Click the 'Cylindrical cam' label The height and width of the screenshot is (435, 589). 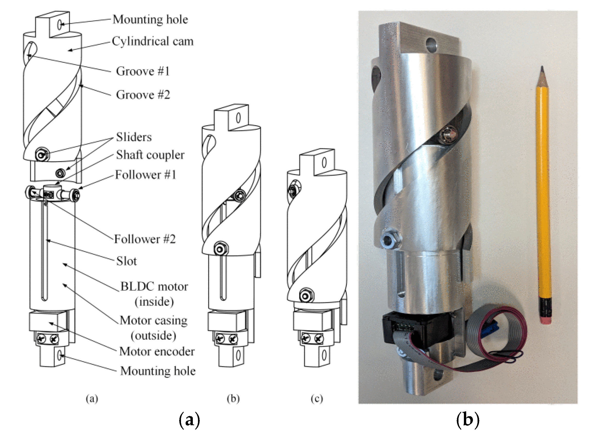153,41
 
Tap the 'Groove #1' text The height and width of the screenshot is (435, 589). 143,71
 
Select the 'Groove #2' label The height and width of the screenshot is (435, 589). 143,95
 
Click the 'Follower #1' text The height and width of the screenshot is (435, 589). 146,175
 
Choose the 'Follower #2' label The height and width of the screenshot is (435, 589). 145,239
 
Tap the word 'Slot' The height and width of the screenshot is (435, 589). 126,261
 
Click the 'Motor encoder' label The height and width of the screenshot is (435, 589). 157,352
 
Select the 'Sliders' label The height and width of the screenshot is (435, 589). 134,137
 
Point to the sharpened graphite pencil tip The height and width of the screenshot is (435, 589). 542,69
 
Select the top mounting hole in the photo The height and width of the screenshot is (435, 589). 431,45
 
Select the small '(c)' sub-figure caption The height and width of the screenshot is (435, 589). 316,399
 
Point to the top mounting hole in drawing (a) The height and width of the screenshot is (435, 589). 60,24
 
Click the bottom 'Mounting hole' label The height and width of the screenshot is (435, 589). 158,371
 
